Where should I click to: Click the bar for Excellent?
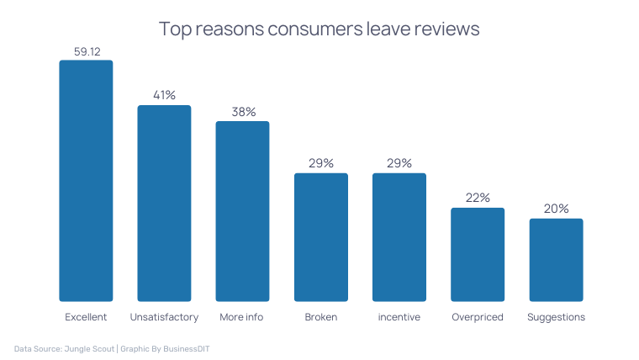pyautogui.click(x=86, y=181)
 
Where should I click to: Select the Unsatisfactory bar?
pyautogui.click(x=164, y=203)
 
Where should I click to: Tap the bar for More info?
pyautogui.click(x=242, y=211)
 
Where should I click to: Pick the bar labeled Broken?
pyautogui.click(x=320, y=237)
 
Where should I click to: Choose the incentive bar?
pyautogui.click(x=399, y=237)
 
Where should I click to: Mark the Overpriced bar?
pyautogui.click(x=478, y=254)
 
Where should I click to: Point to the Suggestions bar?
pyautogui.click(x=556, y=260)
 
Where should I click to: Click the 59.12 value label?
pyautogui.click(x=87, y=51)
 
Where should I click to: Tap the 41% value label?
pyautogui.click(x=164, y=95)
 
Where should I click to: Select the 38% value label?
pyautogui.click(x=243, y=112)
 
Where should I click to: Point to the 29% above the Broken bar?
pyautogui.click(x=321, y=163)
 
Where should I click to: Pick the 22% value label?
pyautogui.click(x=478, y=198)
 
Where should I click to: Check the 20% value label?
pyautogui.click(x=556, y=209)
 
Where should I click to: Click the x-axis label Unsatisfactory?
pyautogui.click(x=164, y=317)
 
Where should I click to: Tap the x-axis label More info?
pyautogui.click(x=242, y=317)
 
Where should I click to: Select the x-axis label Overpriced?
pyautogui.click(x=478, y=317)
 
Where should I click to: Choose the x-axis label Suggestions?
pyautogui.click(x=556, y=317)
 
